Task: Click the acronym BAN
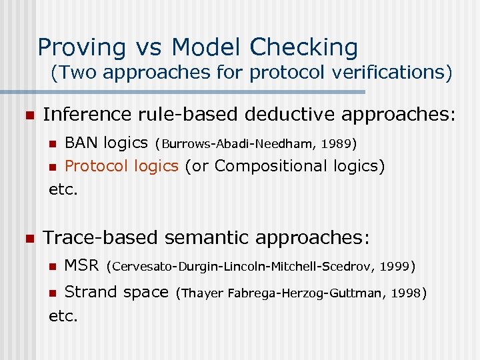click(x=81, y=142)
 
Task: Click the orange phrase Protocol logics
click(x=121, y=166)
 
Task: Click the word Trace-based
click(x=100, y=237)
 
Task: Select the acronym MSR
click(x=81, y=266)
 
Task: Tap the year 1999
click(x=395, y=267)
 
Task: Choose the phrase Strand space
click(x=116, y=291)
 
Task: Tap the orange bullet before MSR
click(x=53, y=267)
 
